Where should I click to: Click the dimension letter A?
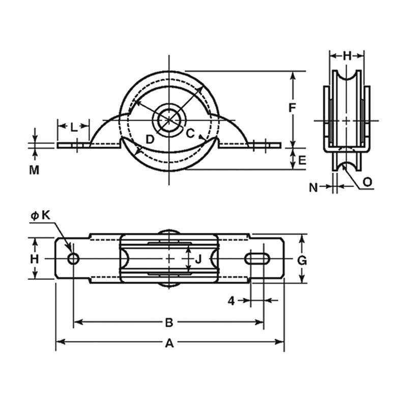pos(169,343)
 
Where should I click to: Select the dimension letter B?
pos(169,323)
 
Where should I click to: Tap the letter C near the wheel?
pos(190,133)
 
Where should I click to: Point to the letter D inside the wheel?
pos(150,139)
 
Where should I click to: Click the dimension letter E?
pos(302,160)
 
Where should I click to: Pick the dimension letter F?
pos(293,108)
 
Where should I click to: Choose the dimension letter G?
pos(302,260)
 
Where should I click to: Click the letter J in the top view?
pos(198,259)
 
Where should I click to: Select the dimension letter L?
pos(74,128)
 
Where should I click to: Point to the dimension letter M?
pos(34,170)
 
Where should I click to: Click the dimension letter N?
pos(313,187)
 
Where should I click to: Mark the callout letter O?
pos(367,182)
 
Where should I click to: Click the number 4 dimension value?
pos(231,301)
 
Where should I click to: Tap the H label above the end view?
pos(347,56)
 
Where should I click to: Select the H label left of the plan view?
pos(35,259)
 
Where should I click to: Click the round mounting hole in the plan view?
pos(73,258)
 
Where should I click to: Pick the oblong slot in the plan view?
pos(257,258)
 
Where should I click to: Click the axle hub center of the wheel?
pos(169,120)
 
